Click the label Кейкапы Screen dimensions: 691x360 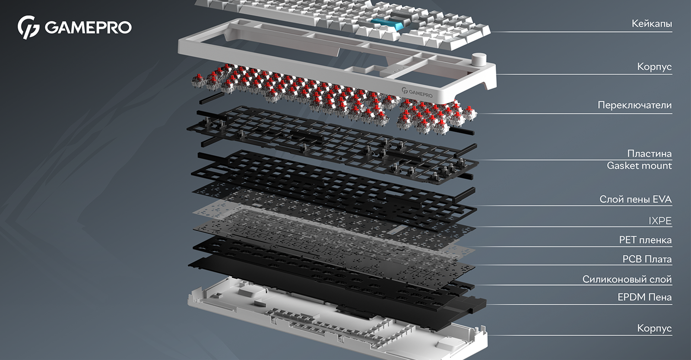click(652, 24)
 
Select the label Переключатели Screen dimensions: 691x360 click(634, 105)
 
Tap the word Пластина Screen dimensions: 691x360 click(650, 153)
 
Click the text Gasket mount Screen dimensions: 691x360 click(639, 166)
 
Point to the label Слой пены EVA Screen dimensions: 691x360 click(635, 199)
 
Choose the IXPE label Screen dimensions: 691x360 click(660, 221)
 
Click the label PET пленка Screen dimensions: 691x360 click(645, 240)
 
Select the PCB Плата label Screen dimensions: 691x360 click(647, 259)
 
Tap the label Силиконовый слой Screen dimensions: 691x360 click(627, 279)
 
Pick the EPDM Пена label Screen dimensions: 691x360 click(644, 297)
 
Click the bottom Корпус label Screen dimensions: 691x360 click(654, 328)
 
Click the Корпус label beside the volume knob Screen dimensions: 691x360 click(654, 67)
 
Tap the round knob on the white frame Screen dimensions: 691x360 click(479, 59)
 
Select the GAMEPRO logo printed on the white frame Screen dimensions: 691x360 click(417, 93)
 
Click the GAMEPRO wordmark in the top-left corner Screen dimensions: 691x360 click(88, 28)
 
